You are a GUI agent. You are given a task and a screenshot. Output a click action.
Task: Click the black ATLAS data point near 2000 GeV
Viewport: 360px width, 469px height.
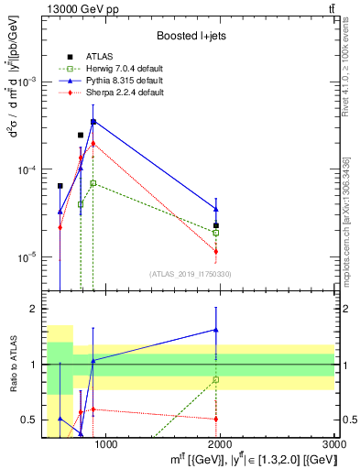click(216, 225)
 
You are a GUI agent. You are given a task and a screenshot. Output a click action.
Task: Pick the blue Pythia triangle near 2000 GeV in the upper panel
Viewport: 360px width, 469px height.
click(216, 209)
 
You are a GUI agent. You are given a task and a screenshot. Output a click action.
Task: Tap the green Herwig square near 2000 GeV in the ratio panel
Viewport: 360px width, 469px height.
click(216, 379)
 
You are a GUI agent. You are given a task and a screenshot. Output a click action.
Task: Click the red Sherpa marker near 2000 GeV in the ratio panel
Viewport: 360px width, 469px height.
click(216, 419)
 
